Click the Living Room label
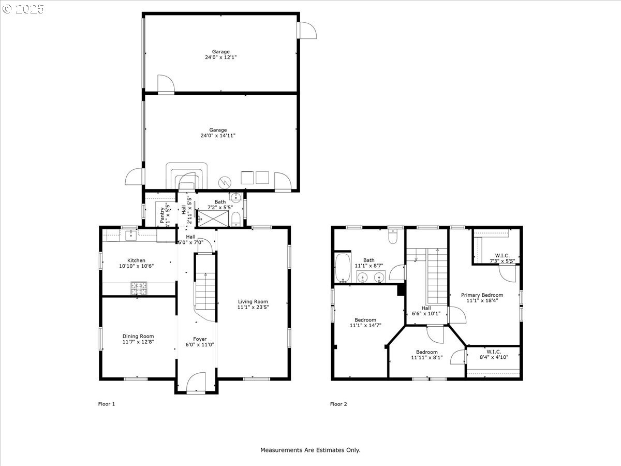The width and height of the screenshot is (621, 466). (x=253, y=301)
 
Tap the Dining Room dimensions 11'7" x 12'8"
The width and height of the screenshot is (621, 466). (x=138, y=342)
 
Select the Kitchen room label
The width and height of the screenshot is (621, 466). (x=137, y=260)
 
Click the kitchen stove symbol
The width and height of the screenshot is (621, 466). (x=139, y=288)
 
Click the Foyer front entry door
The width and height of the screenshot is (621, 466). (x=196, y=383)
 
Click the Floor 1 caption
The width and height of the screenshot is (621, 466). (x=107, y=404)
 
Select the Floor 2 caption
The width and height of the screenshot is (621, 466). (x=338, y=404)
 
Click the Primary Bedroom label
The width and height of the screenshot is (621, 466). (x=482, y=295)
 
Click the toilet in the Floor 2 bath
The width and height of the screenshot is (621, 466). (x=393, y=237)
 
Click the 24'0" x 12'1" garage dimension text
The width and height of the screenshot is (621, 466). (x=220, y=57)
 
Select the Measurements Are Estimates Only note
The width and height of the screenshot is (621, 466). (x=310, y=450)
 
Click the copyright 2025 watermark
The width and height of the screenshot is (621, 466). (x=23, y=9)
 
